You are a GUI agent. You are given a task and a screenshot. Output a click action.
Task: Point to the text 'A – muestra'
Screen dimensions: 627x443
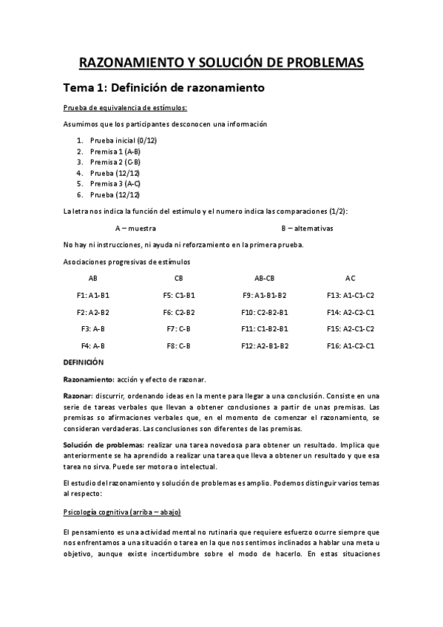135,228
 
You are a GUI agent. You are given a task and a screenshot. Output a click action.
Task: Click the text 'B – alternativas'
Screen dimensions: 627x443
307,228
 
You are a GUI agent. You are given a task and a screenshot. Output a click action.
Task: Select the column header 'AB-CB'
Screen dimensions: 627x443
264,279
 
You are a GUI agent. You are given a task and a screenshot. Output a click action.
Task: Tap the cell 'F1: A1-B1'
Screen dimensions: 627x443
93,295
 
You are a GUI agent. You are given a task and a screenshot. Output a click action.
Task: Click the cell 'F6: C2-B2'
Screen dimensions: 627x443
179,312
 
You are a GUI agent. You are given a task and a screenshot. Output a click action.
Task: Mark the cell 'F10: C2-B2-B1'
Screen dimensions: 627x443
264,312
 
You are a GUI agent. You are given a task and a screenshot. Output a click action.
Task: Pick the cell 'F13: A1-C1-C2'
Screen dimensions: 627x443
351,295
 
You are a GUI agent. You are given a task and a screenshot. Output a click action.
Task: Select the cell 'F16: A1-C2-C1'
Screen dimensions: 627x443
351,345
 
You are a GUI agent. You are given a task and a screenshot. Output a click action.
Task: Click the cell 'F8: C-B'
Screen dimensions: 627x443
179,345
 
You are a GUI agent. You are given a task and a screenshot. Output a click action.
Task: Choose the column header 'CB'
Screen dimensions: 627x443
179,279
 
